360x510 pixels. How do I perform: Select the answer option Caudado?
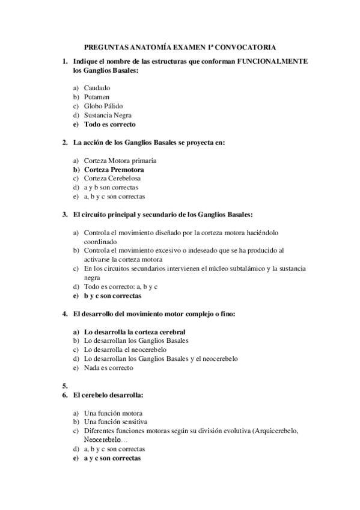point(97,88)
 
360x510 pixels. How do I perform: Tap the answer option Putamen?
point(97,97)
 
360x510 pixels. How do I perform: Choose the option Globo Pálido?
point(103,106)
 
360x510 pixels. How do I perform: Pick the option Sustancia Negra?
point(108,115)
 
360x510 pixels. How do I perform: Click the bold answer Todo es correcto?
point(109,124)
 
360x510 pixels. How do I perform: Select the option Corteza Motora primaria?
point(120,161)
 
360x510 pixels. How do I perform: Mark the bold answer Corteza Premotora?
point(114,170)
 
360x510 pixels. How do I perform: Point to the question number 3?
point(64,214)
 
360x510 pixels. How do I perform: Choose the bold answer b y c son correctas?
point(112,296)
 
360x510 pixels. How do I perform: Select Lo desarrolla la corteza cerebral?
point(134,331)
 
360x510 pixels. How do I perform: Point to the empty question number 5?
point(64,386)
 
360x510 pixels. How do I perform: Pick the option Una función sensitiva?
point(115,422)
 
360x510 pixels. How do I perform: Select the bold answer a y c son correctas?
point(112,458)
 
